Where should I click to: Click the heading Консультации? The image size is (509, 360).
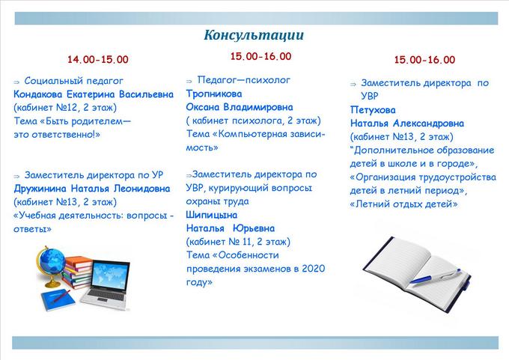[254, 35]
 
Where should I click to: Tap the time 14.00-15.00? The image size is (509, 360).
[98, 59]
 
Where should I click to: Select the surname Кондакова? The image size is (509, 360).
[37, 94]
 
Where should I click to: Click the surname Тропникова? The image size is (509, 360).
[214, 94]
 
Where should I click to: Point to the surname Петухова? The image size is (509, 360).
[373, 110]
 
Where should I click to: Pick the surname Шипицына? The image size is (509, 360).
[211, 215]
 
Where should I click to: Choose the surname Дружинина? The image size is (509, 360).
[40, 189]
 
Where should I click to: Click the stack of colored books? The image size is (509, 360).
[77, 272]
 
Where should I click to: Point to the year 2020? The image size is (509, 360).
[313, 269]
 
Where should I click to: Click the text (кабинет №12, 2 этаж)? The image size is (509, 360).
[65, 108]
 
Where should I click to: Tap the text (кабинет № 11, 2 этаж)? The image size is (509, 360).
[238, 242]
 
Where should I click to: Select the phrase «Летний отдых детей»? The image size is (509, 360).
[403, 204]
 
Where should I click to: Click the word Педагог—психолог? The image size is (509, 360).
[243, 80]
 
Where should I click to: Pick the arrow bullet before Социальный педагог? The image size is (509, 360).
[16, 82]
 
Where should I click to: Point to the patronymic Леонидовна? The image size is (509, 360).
[141, 189]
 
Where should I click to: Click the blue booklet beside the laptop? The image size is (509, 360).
[58, 299]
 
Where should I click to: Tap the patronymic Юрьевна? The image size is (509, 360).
[254, 228]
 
